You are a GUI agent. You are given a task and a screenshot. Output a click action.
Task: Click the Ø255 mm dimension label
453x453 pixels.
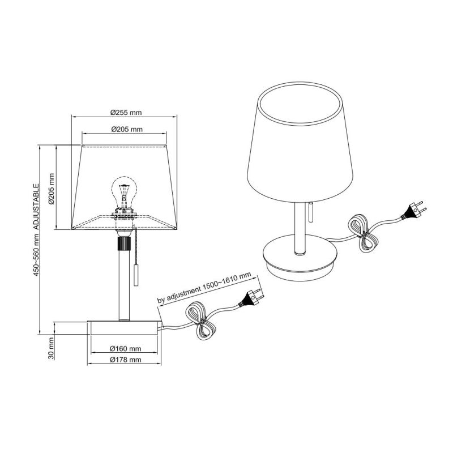[x=126, y=112]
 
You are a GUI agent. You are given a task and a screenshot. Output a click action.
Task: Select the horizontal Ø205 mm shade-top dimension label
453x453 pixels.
[x=126, y=130]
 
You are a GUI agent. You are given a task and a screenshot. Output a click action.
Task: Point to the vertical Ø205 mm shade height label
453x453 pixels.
[x=50, y=189]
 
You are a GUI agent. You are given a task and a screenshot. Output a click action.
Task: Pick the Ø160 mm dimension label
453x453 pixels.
[x=125, y=349]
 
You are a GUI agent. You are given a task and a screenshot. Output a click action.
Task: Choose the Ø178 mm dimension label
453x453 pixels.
[x=125, y=360]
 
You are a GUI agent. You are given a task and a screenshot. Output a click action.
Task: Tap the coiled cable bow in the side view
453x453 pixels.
[x=201, y=321]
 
